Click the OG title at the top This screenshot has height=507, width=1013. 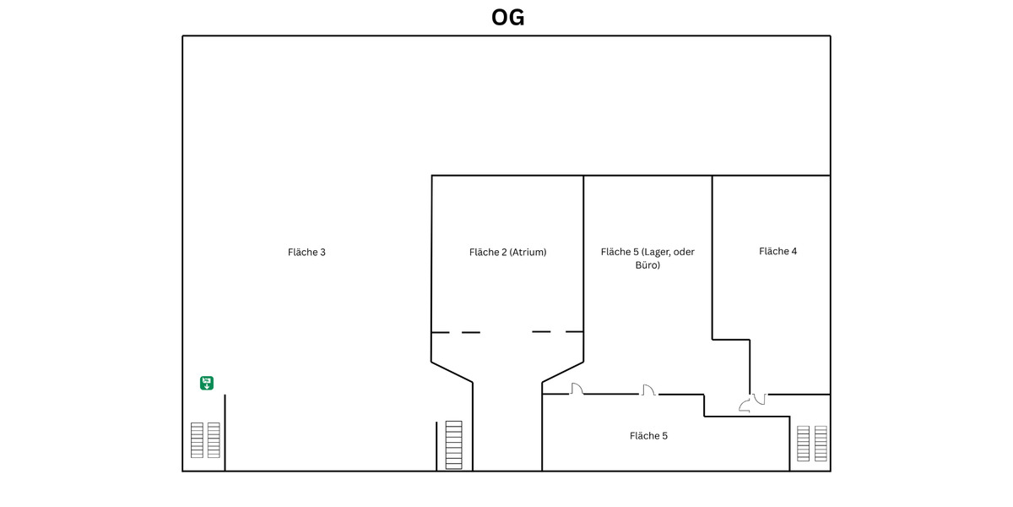[x=507, y=17]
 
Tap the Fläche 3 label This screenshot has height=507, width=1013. [x=306, y=252]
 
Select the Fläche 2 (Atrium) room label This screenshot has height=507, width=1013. [x=507, y=252]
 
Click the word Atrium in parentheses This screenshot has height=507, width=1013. [x=528, y=252]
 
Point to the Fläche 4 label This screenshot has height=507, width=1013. [x=777, y=251]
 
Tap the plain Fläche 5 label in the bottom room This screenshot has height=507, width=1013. [x=648, y=436]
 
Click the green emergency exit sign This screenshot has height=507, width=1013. [x=207, y=383]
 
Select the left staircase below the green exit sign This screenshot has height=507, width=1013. [x=197, y=440]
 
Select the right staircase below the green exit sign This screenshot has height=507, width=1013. [x=214, y=440]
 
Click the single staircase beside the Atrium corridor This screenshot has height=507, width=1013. [x=454, y=444]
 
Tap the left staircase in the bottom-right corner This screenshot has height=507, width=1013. [x=803, y=444]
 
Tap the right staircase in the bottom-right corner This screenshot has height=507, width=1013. [x=821, y=444]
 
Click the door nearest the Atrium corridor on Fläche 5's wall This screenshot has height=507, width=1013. [x=577, y=390]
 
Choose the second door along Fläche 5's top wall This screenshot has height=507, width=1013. [x=648, y=390]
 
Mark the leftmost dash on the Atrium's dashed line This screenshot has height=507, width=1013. [x=441, y=332]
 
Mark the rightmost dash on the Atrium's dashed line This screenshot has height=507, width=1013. [x=574, y=331]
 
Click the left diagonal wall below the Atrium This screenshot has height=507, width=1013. [x=452, y=372]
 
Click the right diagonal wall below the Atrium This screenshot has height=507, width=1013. [x=562, y=372]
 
